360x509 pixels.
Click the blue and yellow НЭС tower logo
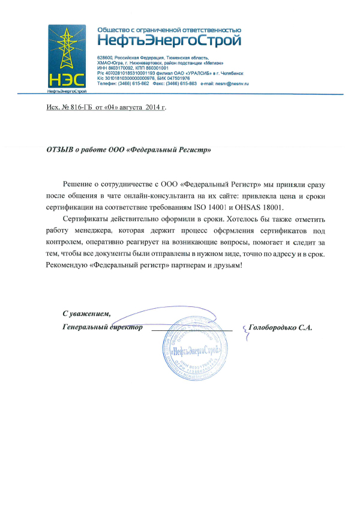pyautogui.click(x=67, y=58)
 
